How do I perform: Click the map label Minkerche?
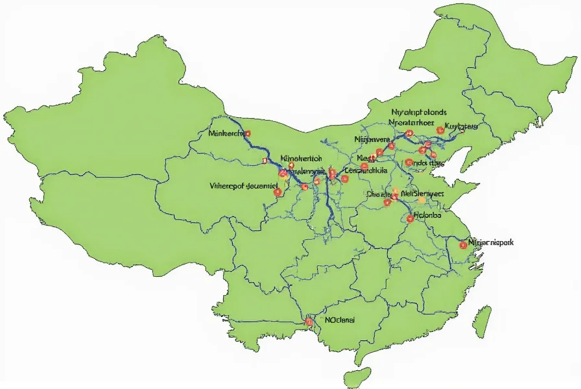point(226,134)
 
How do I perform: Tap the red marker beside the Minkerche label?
point(248,134)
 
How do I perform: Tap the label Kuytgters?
point(462,126)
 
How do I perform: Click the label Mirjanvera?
point(372,139)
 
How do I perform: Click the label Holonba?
point(427,215)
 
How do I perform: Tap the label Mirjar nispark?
point(490,242)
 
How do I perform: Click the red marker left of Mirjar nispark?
point(463,244)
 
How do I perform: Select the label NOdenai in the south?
point(340,320)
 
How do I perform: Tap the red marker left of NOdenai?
point(309,322)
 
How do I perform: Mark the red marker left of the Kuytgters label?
point(440,130)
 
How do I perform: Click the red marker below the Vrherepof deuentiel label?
point(278,193)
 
